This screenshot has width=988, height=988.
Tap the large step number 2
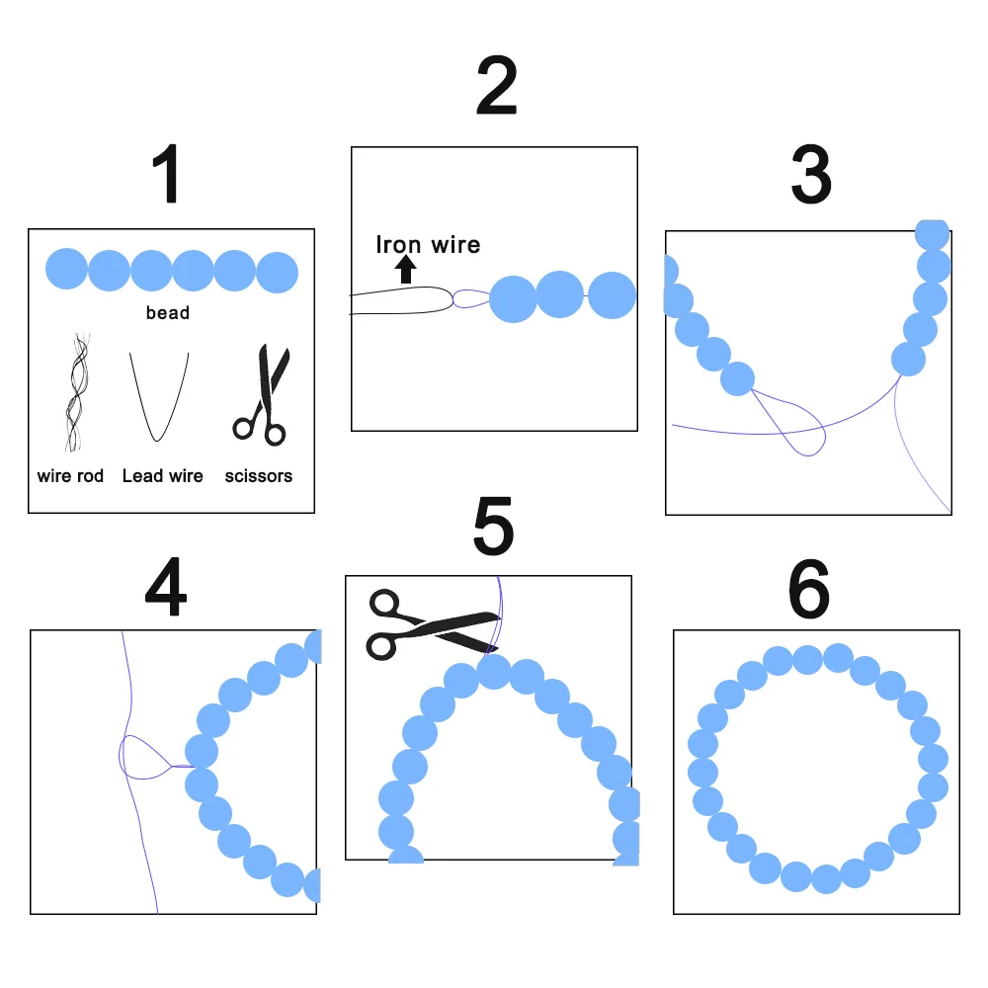pyautogui.click(x=496, y=86)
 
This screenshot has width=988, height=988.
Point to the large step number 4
pyautogui.click(x=165, y=589)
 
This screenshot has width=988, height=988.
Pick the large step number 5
pyautogui.click(x=494, y=528)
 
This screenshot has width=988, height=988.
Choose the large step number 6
pyautogui.click(x=809, y=592)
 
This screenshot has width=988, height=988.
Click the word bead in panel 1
pyautogui.click(x=168, y=313)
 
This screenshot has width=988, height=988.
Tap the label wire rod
pyautogui.click(x=70, y=476)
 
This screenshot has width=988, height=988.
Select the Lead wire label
pyautogui.click(x=163, y=476)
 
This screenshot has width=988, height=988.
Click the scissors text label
pyautogui.click(x=259, y=476)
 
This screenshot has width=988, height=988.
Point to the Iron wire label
pyautogui.click(x=429, y=244)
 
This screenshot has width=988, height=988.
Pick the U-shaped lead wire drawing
pyautogui.click(x=159, y=400)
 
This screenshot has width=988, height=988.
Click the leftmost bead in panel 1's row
pyautogui.click(x=66, y=270)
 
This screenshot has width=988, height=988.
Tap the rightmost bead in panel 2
pyautogui.click(x=612, y=295)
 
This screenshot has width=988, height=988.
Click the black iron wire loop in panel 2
pyautogui.click(x=400, y=300)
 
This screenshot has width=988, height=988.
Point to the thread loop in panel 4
pyautogui.click(x=143, y=759)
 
